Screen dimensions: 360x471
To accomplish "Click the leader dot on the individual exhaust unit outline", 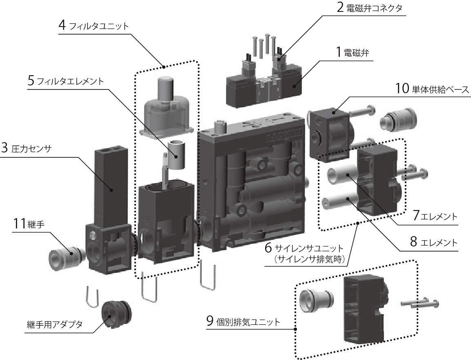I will point(295,328).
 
